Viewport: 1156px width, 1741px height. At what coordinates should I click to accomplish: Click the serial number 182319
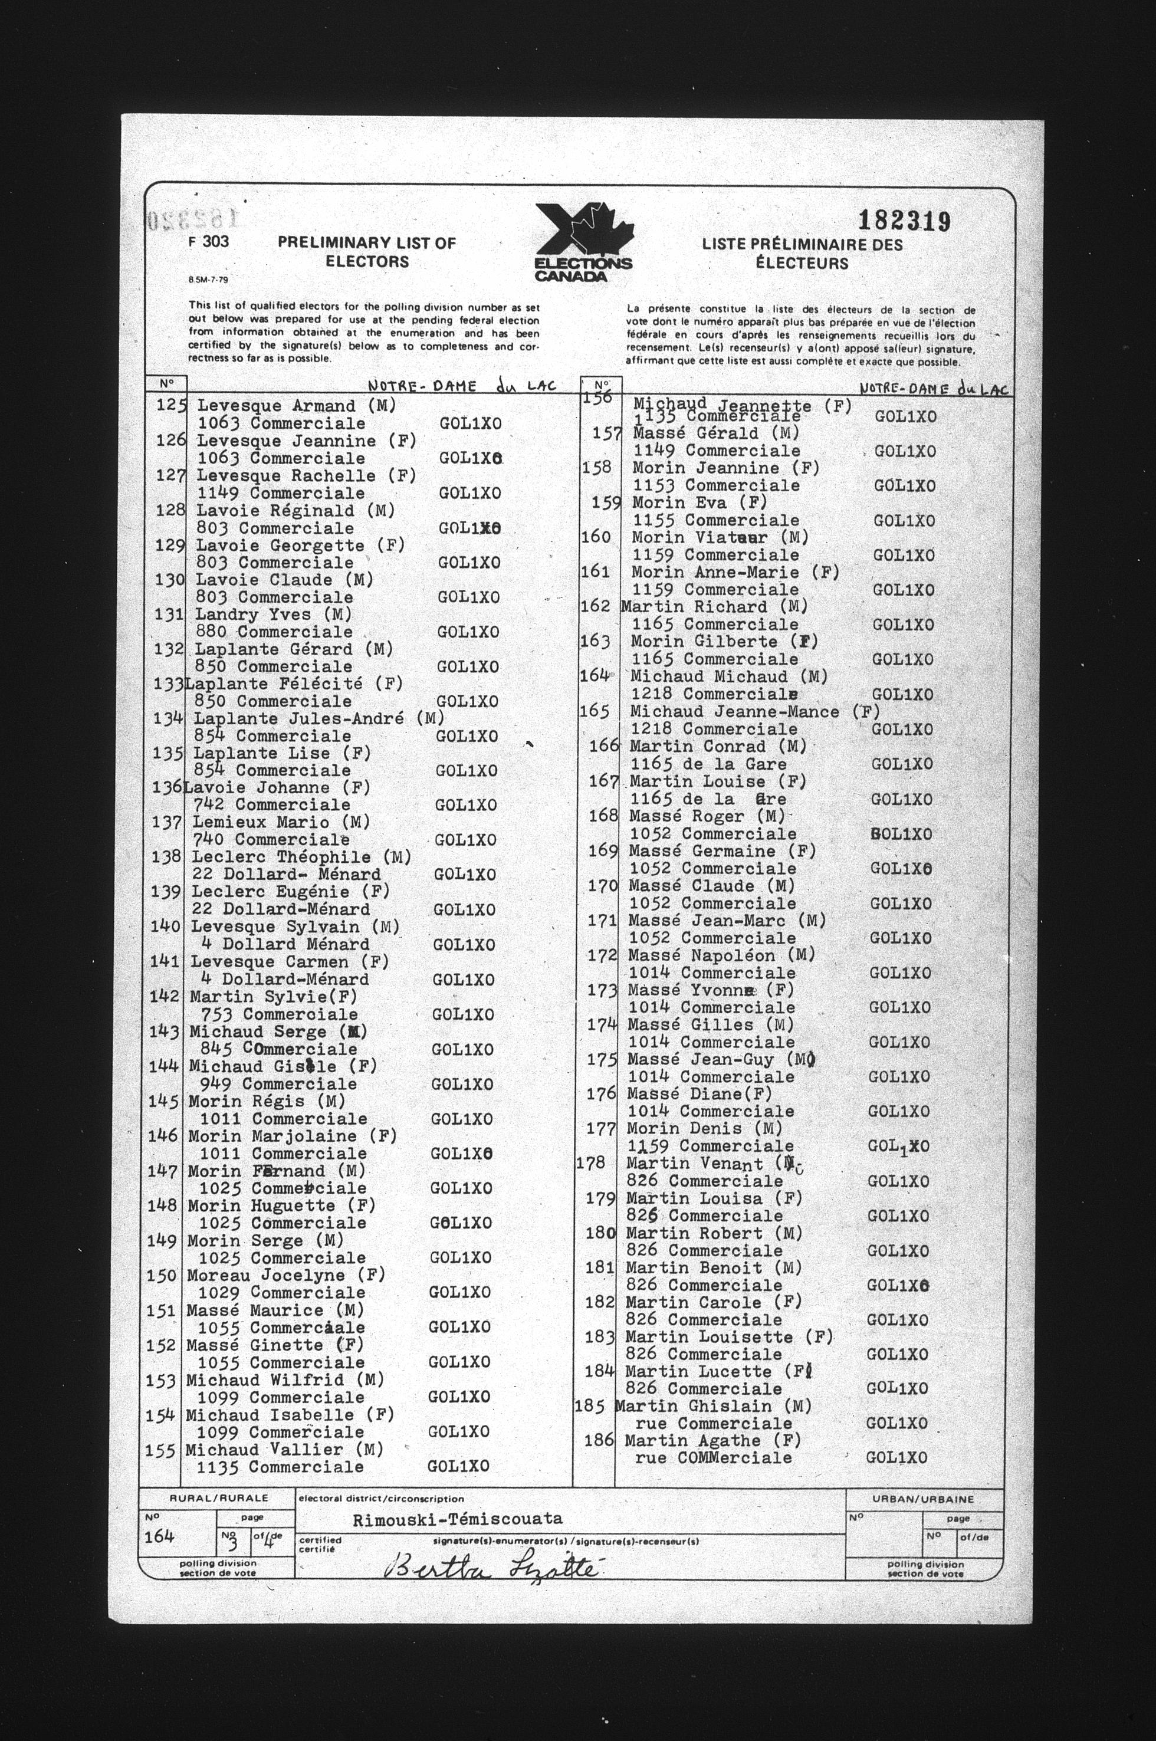tap(905, 221)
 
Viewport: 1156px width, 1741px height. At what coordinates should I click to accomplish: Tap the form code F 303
tap(209, 241)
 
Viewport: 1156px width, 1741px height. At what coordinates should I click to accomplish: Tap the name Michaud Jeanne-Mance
tap(734, 712)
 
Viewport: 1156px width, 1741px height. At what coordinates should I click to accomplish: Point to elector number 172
tap(602, 955)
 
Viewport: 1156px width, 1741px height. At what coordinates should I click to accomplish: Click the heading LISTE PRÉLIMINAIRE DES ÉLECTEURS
tap(802, 253)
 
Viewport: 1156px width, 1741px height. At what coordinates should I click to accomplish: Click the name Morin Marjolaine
tap(272, 1136)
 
